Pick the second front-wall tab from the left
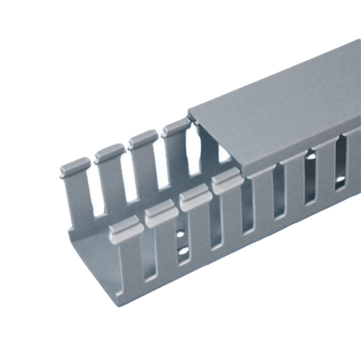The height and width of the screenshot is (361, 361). click(159, 209)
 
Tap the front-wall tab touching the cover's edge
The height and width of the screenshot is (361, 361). click(224, 185)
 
